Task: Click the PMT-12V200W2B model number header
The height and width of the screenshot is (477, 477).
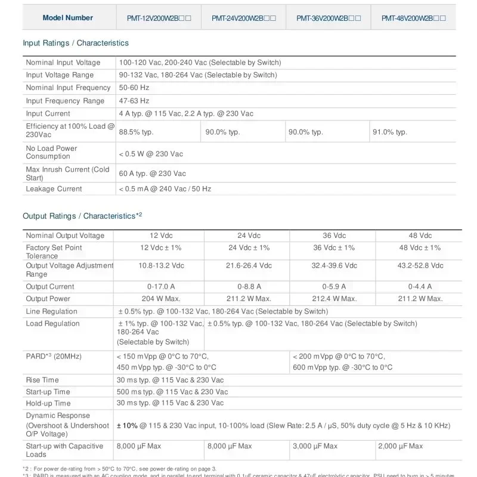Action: point(159,18)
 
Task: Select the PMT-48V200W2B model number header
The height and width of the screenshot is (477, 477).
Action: point(414,18)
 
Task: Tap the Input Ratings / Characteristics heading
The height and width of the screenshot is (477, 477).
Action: point(76,43)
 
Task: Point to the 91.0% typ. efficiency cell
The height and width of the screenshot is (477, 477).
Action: point(390,132)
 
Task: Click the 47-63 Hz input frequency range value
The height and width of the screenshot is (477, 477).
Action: point(134,101)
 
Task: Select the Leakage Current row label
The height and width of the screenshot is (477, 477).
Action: point(54,189)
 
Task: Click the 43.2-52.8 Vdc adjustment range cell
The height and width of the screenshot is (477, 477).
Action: point(420,265)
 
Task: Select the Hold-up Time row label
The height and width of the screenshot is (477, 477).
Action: point(48,404)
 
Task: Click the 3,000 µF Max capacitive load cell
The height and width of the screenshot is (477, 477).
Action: point(315,446)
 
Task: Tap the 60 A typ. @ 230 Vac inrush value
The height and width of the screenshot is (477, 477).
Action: point(153,174)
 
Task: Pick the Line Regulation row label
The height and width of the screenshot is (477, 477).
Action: point(52,311)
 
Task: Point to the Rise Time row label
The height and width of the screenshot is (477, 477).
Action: point(42,380)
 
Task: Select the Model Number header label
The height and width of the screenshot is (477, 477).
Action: point(68,18)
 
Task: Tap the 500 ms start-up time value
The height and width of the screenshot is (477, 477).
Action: point(172,392)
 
